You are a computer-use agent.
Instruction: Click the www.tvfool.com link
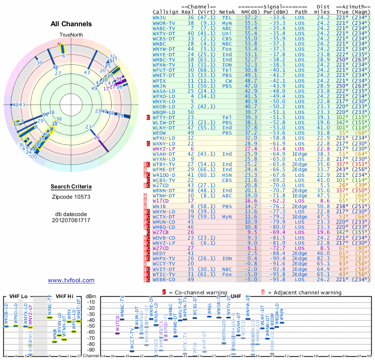(x=71, y=280)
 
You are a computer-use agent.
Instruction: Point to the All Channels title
(x=71, y=23)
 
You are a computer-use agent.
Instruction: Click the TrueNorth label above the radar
(x=71, y=36)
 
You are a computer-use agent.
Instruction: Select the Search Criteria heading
(x=71, y=187)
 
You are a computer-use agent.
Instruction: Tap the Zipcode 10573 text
(x=71, y=196)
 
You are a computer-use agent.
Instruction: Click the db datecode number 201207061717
(x=71, y=220)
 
